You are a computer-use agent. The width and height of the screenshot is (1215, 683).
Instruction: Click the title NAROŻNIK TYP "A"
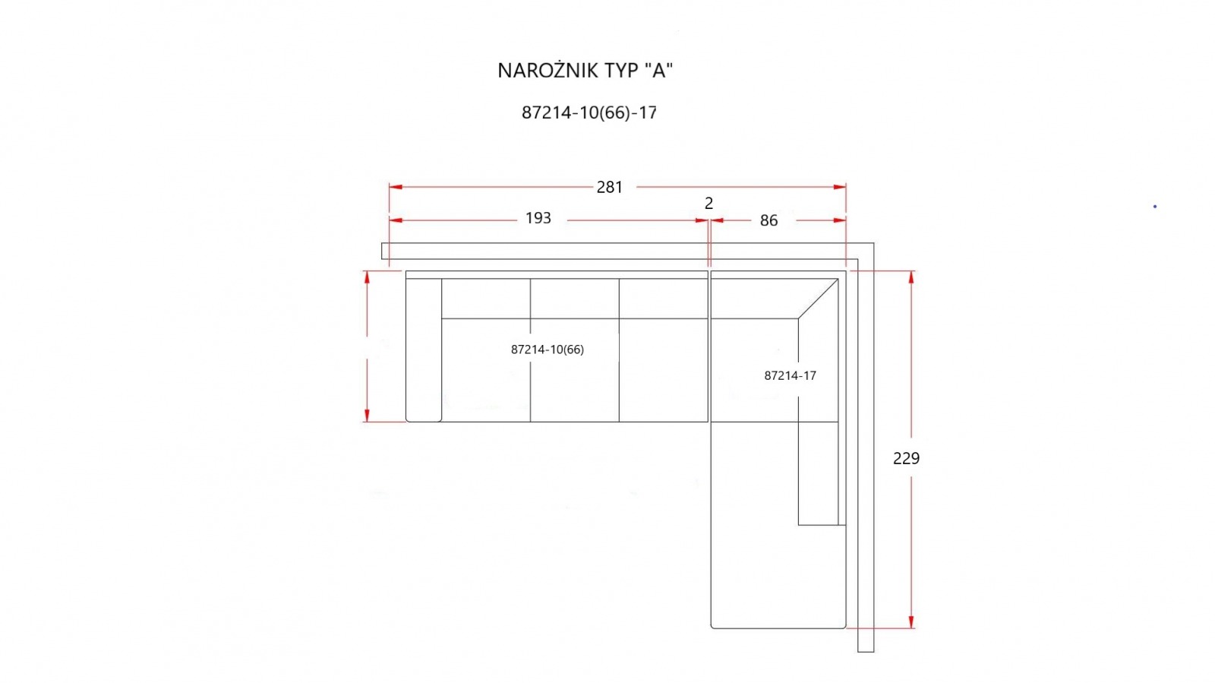(585, 71)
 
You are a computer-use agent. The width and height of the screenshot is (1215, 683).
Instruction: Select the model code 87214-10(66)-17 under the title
(589, 112)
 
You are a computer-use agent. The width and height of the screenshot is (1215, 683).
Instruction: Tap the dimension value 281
(610, 187)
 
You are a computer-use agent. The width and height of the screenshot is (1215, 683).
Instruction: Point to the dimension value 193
(538, 217)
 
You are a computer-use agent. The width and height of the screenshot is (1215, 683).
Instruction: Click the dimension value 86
(768, 220)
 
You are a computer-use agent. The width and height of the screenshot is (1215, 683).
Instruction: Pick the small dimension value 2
(708, 203)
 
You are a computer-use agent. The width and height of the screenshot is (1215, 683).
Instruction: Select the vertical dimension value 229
(907, 458)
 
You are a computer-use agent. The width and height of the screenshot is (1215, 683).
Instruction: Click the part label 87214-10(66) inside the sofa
(548, 349)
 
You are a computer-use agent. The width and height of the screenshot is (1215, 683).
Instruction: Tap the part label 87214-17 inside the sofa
(790, 375)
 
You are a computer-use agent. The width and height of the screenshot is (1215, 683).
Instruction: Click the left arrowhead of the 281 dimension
(396, 187)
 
